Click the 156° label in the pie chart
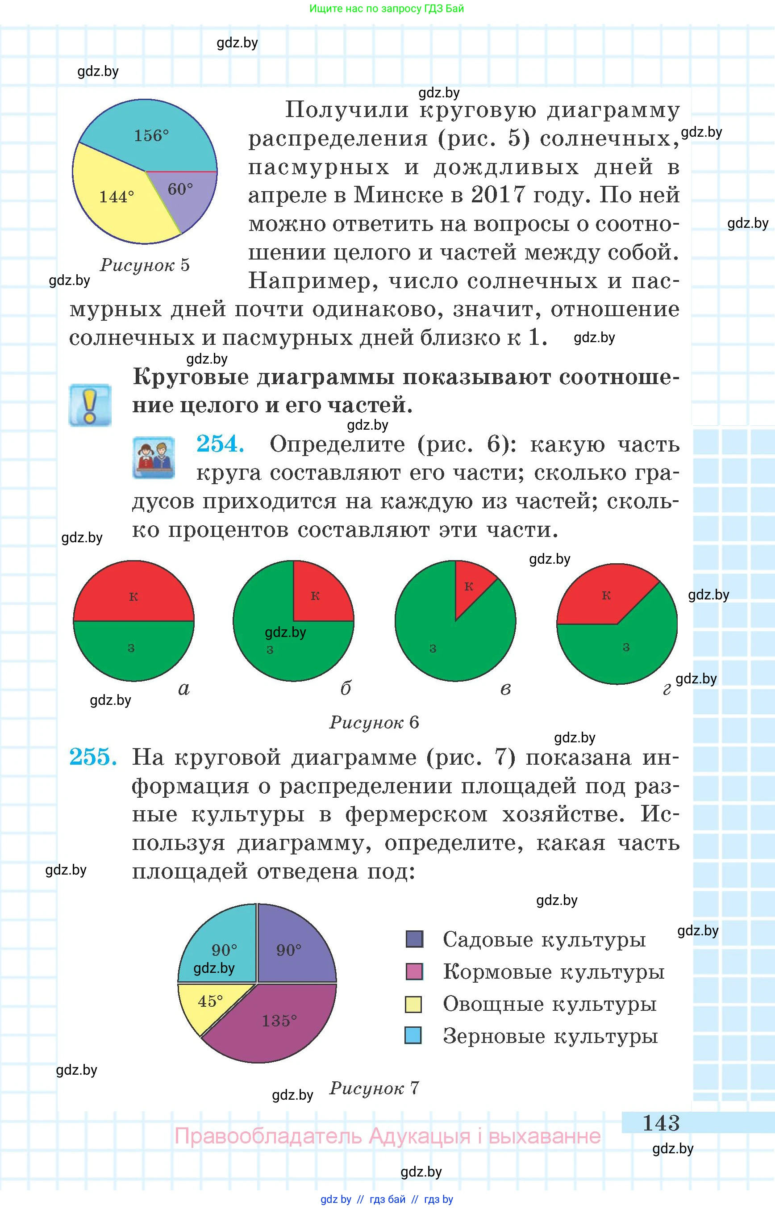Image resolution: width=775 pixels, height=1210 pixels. pos(151,135)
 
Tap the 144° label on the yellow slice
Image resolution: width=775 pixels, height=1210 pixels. pos(116,197)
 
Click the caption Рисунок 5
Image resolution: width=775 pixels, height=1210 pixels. pos(145,265)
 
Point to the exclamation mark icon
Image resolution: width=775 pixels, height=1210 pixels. pos(90,406)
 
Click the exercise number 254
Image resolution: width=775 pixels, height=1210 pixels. pos(221,444)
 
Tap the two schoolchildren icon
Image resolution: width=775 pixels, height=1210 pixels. pos(154,457)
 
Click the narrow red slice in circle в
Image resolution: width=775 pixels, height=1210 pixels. pos(471,586)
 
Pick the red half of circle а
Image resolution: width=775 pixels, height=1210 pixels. pos(133,594)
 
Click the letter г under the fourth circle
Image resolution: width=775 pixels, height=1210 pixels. pos(667,689)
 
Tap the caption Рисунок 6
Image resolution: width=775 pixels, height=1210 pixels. pos(374,723)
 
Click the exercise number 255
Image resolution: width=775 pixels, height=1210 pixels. pos(93,757)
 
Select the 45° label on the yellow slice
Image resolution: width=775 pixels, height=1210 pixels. pos(210,1001)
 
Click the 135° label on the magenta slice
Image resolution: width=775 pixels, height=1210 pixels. pos(279,1021)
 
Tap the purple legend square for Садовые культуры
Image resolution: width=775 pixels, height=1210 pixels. pos(414,939)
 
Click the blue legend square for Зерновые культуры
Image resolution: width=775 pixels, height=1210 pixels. pos(413,1036)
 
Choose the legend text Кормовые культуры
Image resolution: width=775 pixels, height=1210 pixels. pos(554,972)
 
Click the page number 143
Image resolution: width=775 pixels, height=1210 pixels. pos(661,1123)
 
